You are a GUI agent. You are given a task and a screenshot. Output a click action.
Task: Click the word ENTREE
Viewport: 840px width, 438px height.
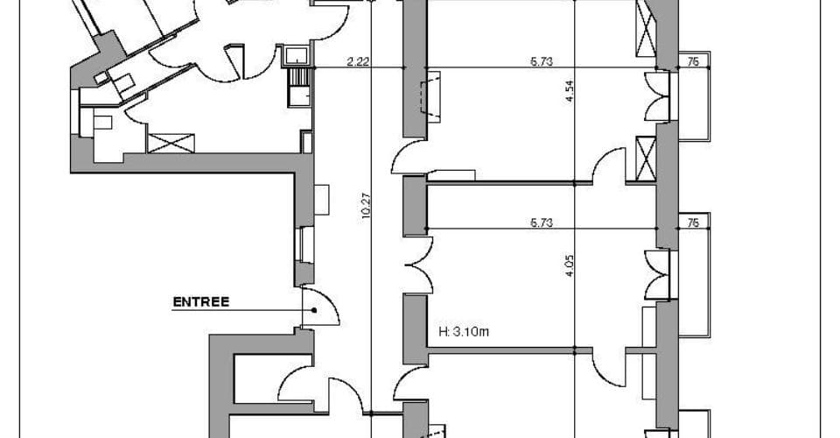click(x=201, y=302)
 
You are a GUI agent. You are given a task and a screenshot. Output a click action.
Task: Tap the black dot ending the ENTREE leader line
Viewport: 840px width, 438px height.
click(x=314, y=310)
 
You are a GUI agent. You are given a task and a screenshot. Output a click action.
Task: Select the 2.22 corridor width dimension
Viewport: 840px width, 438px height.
click(x=358, y=61)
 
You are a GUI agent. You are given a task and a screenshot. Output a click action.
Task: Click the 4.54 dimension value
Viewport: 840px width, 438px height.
click(x=570, y=91)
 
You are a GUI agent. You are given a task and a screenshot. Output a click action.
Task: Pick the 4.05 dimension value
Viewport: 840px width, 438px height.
click(x=570, y=265)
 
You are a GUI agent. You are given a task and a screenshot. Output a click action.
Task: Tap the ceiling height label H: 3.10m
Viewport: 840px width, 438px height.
click(x=464, y=332)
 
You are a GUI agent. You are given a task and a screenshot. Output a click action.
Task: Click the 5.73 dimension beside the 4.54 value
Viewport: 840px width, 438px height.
click(x=542, y=61)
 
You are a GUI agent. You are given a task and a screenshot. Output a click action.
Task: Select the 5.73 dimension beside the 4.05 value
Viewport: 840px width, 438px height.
click(x=542, y=223)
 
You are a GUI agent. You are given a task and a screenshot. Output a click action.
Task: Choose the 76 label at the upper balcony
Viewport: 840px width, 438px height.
click(x=693, y=61)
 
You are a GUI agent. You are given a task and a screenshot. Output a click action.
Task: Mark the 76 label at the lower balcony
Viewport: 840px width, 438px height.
click(x=693, y=223)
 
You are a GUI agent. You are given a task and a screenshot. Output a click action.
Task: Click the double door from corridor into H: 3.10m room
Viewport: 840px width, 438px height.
click(x=419, y=265)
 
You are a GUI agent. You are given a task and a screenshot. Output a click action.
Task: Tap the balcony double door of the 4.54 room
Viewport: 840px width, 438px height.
click(x=657, y=96)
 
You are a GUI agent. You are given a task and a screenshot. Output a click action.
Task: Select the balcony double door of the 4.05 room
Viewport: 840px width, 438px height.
click(x=657, y=274)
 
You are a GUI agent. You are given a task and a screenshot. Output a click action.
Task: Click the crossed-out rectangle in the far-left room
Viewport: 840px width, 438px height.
click(x=171, y=143)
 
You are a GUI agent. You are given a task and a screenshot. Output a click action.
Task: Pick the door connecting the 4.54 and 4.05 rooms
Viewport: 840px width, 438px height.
click(x=609, y=166)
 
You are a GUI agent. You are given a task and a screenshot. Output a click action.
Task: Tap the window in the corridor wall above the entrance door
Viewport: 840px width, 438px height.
click(x=304, y=244)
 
